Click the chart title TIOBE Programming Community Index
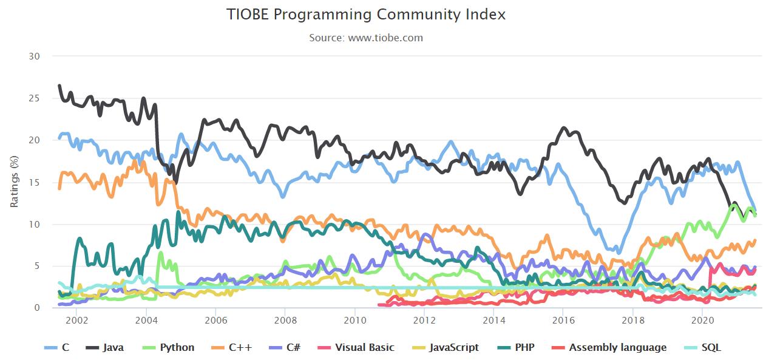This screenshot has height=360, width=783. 366,15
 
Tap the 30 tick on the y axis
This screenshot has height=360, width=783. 35,56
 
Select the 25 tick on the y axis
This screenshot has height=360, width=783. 35,98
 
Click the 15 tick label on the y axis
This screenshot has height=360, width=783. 35,182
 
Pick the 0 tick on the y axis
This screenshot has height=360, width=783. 37,308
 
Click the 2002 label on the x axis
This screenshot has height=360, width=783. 76,319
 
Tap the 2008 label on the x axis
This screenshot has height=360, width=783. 285,319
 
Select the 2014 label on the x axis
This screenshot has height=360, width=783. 493,319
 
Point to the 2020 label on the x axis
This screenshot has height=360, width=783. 702,319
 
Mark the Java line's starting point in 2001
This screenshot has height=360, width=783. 59,86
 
